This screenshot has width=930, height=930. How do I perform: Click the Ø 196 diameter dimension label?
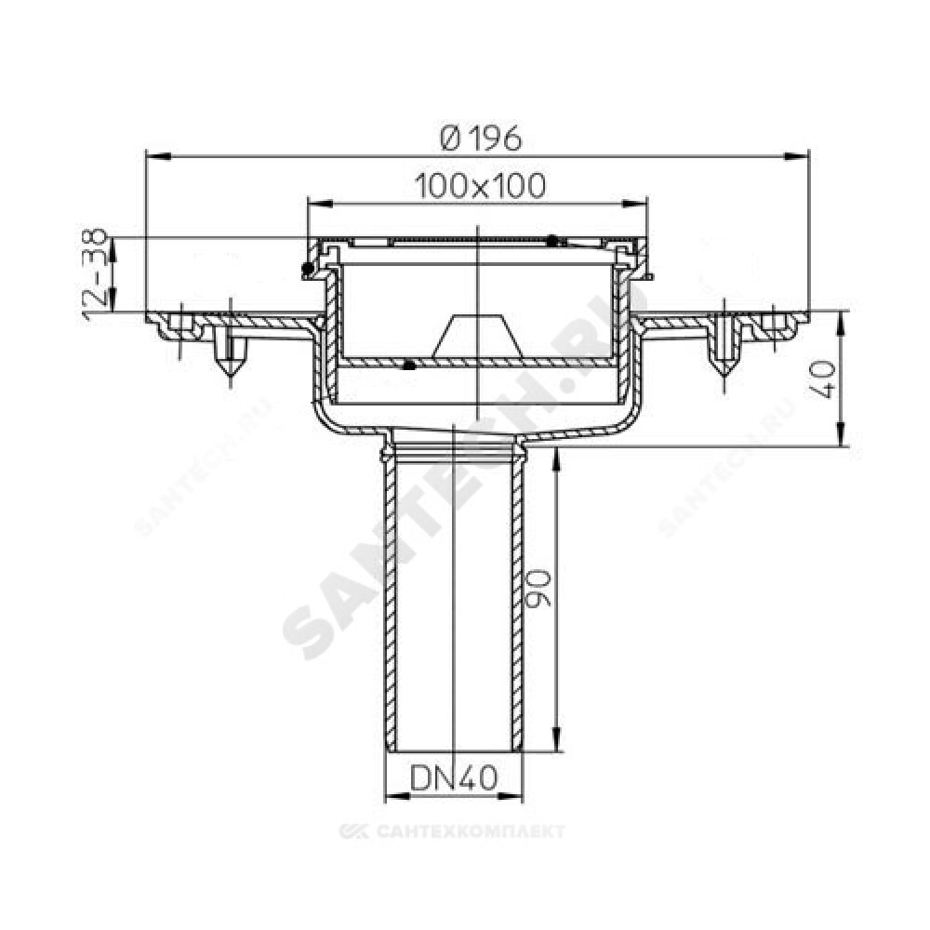click(x=481, y=139)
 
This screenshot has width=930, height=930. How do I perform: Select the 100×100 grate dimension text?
click(x=479, y=186)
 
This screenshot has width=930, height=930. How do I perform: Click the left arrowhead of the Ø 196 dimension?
click(x=158, y=156)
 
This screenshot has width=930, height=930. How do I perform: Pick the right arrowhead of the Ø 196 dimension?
click(x=797, y=156)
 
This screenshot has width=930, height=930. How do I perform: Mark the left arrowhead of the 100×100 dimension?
click(x=320, y=204)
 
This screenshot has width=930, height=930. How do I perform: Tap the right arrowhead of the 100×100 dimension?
click(x=634, y=204)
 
